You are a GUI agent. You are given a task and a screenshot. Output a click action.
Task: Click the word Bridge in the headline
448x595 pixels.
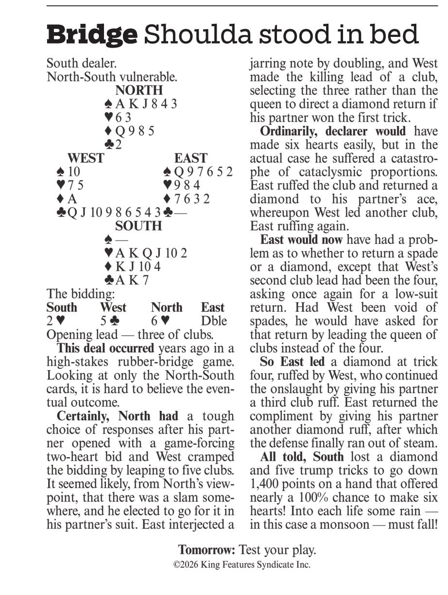click(92, 34)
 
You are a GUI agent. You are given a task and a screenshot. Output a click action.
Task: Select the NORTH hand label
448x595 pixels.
click(139, 90)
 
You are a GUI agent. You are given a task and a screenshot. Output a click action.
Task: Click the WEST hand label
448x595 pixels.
click(86, 158)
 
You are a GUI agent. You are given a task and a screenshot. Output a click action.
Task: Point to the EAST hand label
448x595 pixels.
click(190, 158)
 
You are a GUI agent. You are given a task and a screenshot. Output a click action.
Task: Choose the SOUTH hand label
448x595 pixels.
click(138, 226)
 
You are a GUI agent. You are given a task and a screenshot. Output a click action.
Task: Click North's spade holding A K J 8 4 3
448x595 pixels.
click(141, 104)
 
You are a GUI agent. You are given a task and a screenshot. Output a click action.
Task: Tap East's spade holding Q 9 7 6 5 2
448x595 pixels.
click(198, 172)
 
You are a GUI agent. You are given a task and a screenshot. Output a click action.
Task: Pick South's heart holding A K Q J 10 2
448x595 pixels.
click(146, 253)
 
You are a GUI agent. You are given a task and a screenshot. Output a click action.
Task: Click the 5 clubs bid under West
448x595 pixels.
click(107, 321)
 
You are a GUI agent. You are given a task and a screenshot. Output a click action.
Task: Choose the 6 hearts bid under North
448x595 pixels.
click(160, 321)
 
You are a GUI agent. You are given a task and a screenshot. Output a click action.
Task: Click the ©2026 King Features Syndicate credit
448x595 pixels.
click(242, 564)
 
